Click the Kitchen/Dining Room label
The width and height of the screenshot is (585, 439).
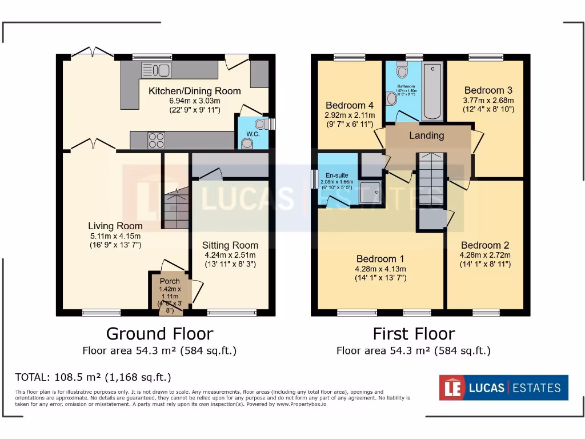click(x=194, y=91)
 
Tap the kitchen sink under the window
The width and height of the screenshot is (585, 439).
click(x=156, y=70)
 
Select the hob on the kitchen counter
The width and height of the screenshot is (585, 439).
click(x=157, y=140)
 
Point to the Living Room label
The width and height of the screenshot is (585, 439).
click(x=115, y=226)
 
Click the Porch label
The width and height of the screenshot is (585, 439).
click(x=170, y=281)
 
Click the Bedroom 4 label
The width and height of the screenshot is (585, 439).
click(x=350, y=105)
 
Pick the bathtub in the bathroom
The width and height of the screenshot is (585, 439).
click(x=432, y=91)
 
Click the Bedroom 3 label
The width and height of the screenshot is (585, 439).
click(x=488, y=90)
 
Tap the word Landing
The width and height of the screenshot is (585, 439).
click(x=426, y=135)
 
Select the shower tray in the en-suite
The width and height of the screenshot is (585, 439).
click(x=371, y=193)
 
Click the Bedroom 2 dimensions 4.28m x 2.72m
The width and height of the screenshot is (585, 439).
click(x=485, y=255)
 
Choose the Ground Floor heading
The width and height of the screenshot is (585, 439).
click(x=159, y=333)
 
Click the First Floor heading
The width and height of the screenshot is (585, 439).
click(x=414, y=333)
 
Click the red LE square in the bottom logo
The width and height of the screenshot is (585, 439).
click(x=450, y=388)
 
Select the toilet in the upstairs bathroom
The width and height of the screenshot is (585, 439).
click(x=402, y=71)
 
